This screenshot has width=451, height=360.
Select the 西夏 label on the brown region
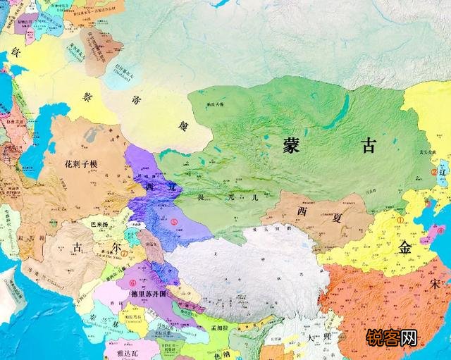click(x=311, y=211)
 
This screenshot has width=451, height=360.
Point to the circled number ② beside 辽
click(x=433, y=171)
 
